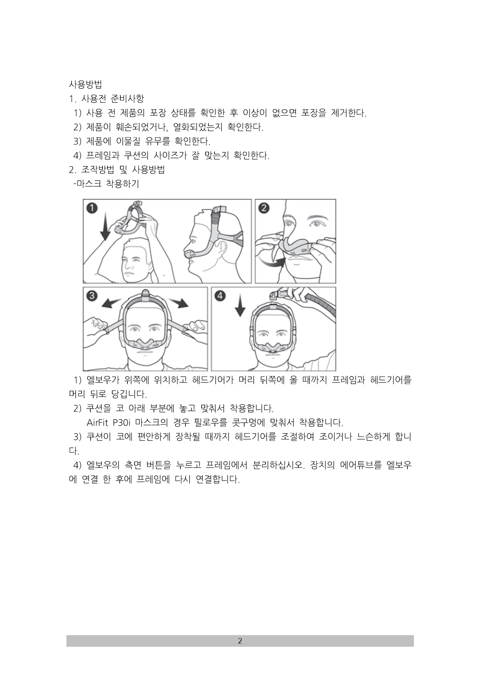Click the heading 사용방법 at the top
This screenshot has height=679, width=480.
85,85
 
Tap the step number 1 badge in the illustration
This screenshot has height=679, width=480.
92,208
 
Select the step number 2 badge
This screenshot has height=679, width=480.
264,208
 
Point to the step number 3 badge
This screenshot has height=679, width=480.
92,295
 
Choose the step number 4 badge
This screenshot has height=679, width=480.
220,295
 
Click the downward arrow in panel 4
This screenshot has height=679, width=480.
240,306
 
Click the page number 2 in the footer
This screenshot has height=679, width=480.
240,641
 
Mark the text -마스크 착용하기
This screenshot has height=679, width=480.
106,184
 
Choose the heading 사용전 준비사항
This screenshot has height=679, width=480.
113,99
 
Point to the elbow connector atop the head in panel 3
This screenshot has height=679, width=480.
145,294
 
